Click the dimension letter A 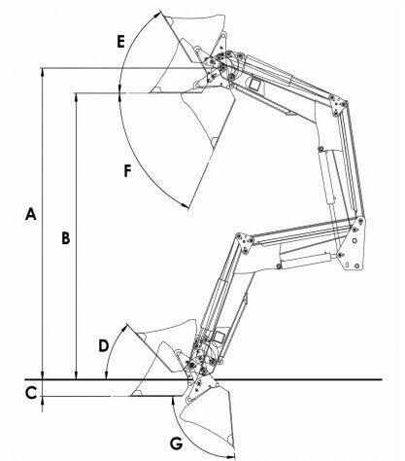tap(31, 214)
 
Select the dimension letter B tap(66, 238)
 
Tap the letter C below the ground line tap(31, 393)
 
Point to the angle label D tap(104, 345)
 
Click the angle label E tap(120, 42)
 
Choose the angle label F tap(128, 171)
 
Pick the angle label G tap(177, 443)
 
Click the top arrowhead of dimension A tap(43, 72)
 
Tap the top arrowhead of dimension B tap(77, 97)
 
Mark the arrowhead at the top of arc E tap(157, 15)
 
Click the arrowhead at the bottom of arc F tap(185, 205)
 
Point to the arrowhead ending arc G tap(231, 456)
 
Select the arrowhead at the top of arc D tap(124, 328)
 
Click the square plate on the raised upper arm tap(255, 85)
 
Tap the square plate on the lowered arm tap(219, 337)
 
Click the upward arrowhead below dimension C tap(43, 401)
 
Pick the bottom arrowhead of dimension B tap(77, 374)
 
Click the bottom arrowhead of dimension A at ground tap(43, 374)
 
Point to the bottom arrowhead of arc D tap(105, 375)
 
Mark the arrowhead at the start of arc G tap(173, 401)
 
